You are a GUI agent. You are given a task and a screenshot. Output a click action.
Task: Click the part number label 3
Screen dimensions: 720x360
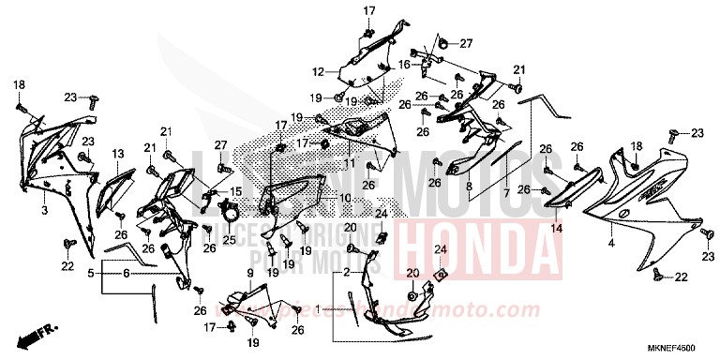point(44,212)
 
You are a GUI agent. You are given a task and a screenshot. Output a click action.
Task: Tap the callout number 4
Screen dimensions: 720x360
point(610,243)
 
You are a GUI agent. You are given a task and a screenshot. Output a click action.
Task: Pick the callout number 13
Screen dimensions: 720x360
point(119,153)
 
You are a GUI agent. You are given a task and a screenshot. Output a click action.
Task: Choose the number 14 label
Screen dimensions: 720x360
point(555,227)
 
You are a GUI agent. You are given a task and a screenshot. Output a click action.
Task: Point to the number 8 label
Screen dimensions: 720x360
point(468,187)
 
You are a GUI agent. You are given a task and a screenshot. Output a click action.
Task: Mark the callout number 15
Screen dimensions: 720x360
point(236,191)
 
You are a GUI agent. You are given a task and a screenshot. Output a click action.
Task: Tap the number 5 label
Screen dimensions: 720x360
point(91,275)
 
